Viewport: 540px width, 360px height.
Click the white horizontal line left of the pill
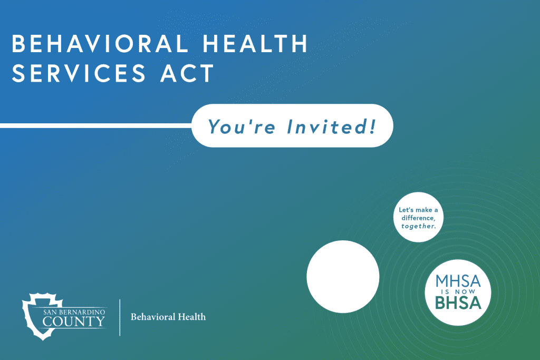click(95, 125)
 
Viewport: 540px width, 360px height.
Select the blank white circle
click(343, 276)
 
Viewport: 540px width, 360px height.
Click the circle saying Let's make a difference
click(418, 217)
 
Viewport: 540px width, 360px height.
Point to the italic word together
click(418, 226)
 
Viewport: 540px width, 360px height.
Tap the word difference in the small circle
click(418, 218)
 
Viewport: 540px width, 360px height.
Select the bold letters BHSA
click(458, 303)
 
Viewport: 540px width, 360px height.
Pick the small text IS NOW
click(458, 291)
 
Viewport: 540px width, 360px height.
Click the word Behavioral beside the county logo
click(151, 317)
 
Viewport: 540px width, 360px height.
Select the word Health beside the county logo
click(190, 317)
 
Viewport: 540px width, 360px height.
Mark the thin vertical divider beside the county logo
click(120, 317)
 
